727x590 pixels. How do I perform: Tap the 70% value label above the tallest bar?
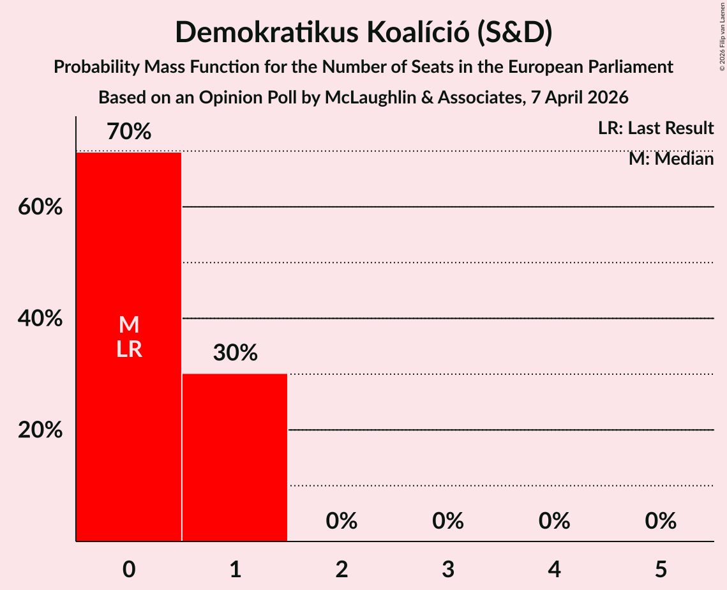point(129,132)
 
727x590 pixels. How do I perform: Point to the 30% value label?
point(235,352)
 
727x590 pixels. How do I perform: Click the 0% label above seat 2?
point(341,521)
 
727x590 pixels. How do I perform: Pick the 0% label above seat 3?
point(447,521)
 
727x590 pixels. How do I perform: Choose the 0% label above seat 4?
point(554,521)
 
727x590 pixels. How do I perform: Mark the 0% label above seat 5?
point(660,521)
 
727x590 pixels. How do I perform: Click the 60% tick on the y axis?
point(40,208)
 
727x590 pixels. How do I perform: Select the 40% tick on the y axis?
point(40,319)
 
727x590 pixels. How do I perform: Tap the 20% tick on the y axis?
point(40,430)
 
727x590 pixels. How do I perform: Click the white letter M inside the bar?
point(129,325)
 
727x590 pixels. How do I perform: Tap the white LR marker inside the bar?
point(129,349)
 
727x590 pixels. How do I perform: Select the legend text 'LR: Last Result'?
point(656,128)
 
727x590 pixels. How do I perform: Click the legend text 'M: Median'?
point(671,158)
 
